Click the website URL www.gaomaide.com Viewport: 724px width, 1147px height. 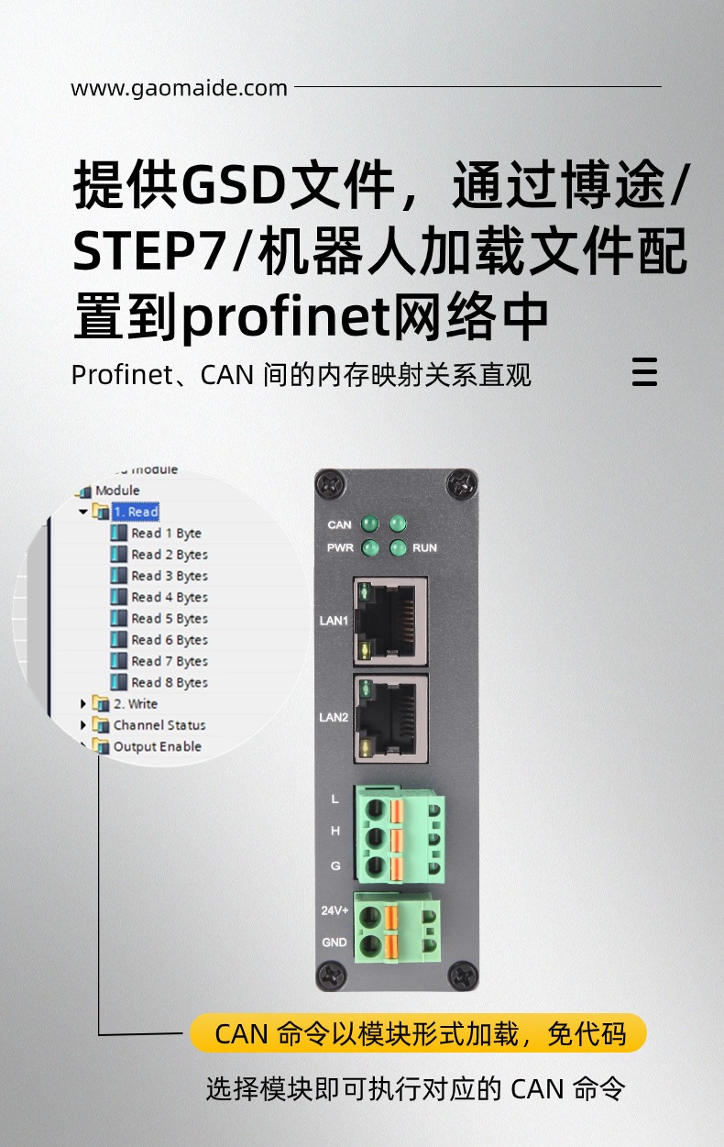[179, 89]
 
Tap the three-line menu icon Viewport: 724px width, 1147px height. [644, 371]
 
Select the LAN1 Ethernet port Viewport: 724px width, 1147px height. [390, 621]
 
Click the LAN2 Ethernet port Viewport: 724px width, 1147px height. [390, 718]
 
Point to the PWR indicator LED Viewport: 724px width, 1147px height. [370, 548]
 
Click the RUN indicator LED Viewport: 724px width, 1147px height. [398, 548]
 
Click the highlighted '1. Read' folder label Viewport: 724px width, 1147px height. [136, 512]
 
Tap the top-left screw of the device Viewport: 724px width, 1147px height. [330, 484]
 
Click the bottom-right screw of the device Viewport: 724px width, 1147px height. [463, 976]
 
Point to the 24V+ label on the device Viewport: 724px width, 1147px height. [335, 910]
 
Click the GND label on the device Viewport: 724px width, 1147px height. [335, 943]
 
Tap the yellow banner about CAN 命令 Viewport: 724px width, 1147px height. [418, 1032]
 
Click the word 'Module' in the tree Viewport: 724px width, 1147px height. [117, 491]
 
